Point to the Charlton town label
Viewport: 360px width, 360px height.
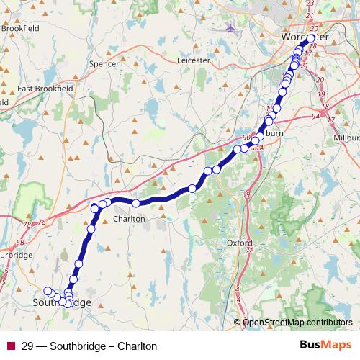click(129, 218)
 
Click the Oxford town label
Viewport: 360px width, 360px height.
click(239, 243)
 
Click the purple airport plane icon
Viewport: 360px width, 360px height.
click(230, 28)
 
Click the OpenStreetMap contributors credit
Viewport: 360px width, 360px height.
click(297, 322)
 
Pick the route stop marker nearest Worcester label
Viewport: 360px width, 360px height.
click(311, 39)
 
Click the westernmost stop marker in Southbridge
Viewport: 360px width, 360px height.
click(48, 291)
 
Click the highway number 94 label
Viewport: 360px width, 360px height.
click(316, 116)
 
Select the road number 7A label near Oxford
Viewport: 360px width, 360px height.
click(250, 250)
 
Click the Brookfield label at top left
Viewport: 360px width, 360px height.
click(20, 29)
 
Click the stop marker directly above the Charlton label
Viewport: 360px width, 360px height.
click(135, 203)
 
